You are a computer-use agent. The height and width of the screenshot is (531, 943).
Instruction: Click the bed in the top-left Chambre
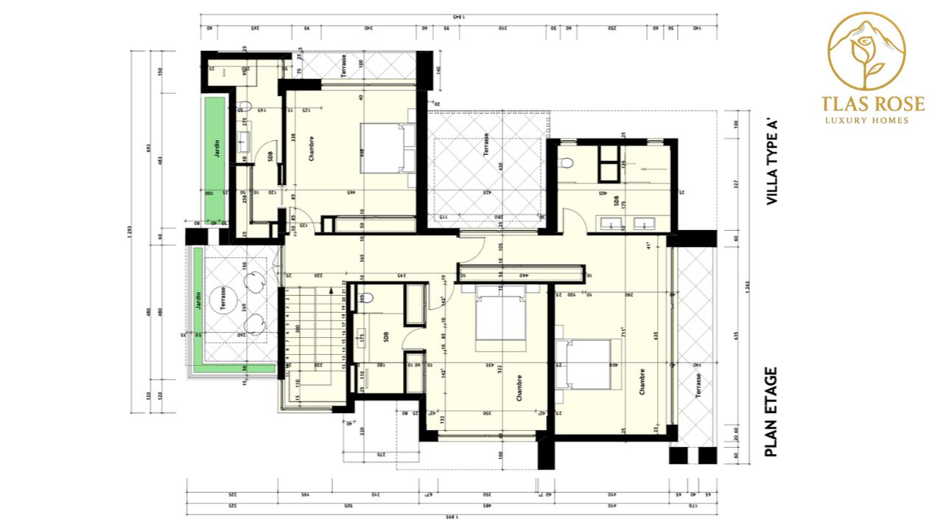pos(382,147)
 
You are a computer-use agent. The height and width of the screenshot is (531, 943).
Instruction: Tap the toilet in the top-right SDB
pos(566,161)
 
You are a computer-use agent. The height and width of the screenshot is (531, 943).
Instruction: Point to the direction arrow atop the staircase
pos(333,291)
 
